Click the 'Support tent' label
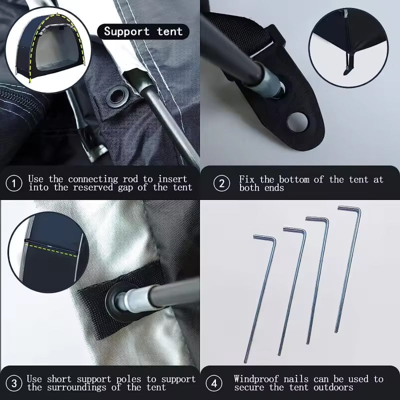pyautogui.click(x=143, y=31)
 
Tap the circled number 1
pyautogui.click(x=14, y=183)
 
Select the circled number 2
pyautogui.click(x=221, y=183)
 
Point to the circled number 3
pyautogui.click(x=14, y=383)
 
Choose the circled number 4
pyautogui.click(x=214, y=383)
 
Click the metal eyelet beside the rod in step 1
pyautogui.click(x=117, y=96)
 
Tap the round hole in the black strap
pyautogui.click(x=297, y=122)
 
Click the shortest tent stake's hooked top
pyautogui.click(x=265, y=238)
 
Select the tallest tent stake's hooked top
pyautogui.click(x=349, y=208)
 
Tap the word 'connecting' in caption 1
pyautogui.click(x=93, y=179)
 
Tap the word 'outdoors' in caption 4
pyautogui.click(x=333, y=387)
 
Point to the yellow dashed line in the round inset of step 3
pyautogui.click(x=51, y=249)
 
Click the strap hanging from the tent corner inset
pyautogui.click(x=348, y=63)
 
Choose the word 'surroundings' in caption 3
pyautogui.click(x=76, y=387)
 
